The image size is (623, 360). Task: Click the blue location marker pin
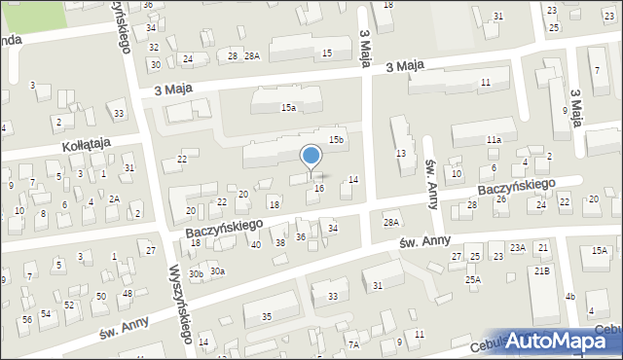tap(311, 157)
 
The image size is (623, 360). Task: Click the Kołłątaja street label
tap(86, 144)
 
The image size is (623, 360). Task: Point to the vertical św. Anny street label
tap(429, 178)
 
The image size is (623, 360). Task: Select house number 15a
tap(288, 108)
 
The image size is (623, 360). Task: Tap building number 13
tap(400, 155)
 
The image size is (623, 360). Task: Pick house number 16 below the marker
tap(319, 188)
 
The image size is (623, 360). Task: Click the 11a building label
tap(494, 140)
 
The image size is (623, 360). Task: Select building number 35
tap(266, 316)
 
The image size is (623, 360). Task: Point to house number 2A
tap(114, 198)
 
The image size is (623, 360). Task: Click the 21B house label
tap(540, 270)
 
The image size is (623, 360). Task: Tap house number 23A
tap(518, 247)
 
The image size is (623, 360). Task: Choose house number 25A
tap(472, 280)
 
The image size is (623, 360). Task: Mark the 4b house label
tap(571, 296)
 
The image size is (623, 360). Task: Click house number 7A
tap(354, 344)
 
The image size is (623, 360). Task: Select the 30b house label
tap(196, 274)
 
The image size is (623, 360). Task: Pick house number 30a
tap(217, 271)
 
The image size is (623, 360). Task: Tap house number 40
tap(256, 244)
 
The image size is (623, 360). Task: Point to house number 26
tap(501, 199)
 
